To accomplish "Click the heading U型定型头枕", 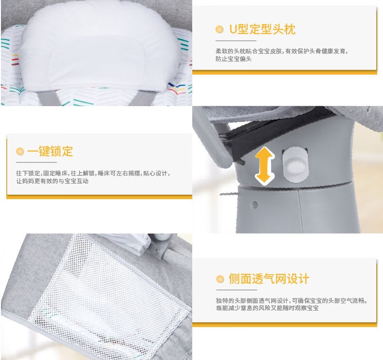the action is (262, 30).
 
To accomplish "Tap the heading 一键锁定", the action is (50, 151).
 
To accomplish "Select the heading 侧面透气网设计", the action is (269, 279).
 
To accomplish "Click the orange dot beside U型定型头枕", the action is (220, 30).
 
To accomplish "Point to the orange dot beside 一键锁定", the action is (20, 151).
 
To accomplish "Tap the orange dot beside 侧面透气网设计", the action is (220, 279).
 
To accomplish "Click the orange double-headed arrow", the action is (264, 166).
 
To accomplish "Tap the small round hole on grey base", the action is (255, 205).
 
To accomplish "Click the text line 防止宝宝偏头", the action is (233, 59).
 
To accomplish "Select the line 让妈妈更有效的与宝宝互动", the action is (52, 181).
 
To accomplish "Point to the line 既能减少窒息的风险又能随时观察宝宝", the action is (267, 308).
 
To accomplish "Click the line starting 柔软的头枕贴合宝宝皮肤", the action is (282, 51).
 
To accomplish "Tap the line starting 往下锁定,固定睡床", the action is (93, 173).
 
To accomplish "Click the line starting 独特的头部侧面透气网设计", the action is (292, 300).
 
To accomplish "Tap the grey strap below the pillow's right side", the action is (141, 97).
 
